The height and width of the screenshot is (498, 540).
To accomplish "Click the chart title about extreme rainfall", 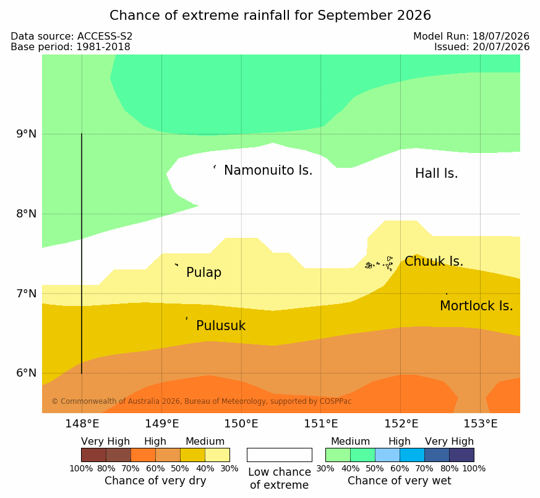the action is point(270,15).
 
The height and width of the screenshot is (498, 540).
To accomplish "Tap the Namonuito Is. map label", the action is point(268,170).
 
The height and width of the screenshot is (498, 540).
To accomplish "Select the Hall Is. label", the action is point(436,173).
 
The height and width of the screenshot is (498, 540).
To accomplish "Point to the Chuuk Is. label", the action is point(434,261).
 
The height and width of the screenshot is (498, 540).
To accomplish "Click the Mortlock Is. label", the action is point(476,306).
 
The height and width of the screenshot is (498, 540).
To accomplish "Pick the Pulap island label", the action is point(204,273).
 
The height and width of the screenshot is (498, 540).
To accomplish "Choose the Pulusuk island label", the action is point(221,326).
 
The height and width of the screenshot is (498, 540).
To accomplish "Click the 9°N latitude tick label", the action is point(27,134).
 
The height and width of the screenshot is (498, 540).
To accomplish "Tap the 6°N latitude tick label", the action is point(27,373).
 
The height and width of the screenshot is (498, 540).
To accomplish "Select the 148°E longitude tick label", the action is point(82,424).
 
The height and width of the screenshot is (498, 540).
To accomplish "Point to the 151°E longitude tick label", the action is point(320,424).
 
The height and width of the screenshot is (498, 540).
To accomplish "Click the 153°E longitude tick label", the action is point(480,424).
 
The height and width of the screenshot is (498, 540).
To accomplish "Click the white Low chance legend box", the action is point(280,455).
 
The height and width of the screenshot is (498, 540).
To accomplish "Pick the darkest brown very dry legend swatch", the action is point(93,455).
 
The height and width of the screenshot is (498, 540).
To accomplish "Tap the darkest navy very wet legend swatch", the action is point(461,455).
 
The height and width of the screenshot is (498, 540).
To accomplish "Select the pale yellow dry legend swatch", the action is point(217,455).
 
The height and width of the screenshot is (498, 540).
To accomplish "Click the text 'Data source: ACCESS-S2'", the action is point(72,37).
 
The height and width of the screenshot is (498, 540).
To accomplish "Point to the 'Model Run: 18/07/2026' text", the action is point(471,36).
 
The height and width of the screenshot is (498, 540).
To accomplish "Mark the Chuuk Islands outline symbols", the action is point(379,264).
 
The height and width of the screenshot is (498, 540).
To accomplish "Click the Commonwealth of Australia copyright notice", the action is point(202,401).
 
